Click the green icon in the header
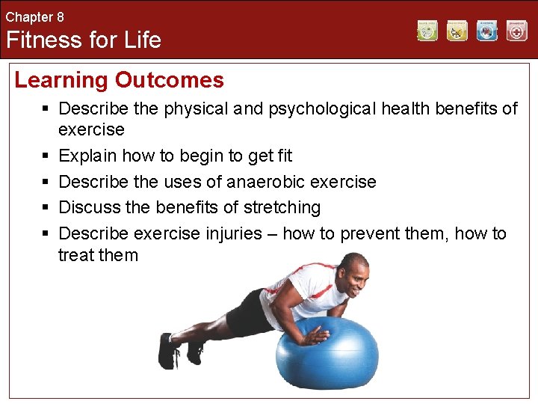[x=427, y=31]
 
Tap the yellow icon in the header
[x=457, y=31]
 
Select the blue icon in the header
[x=487, y=31]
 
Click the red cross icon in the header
[x=516, y=31]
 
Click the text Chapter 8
[x=35, y=16]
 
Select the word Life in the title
[x=143, y=39]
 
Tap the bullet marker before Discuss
[x=45, y=207]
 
